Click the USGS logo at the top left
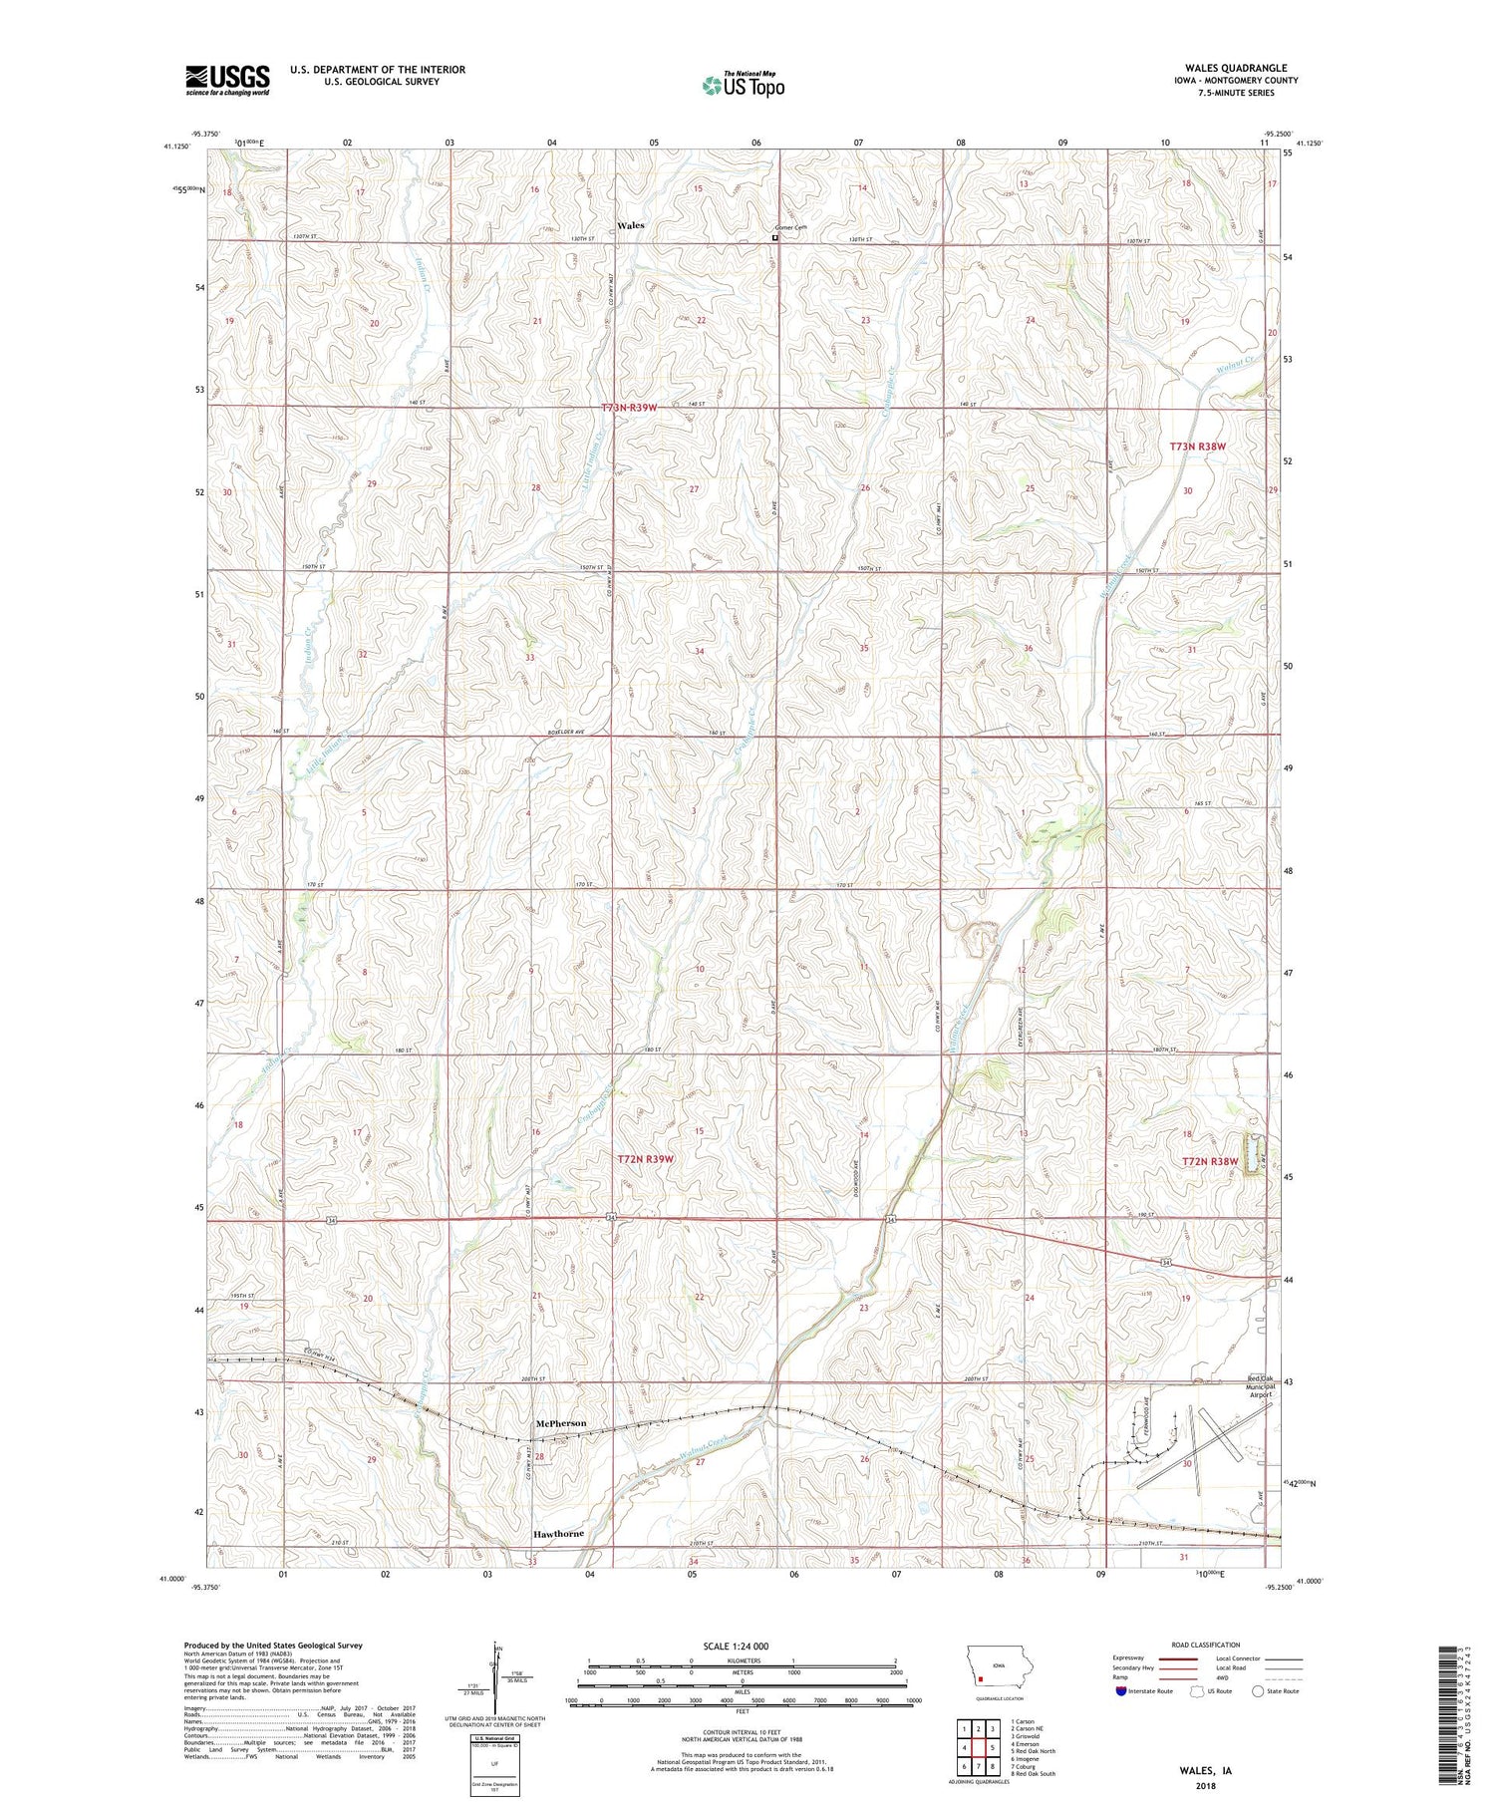point(227,79)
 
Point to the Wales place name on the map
point(630,225)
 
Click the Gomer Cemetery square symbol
point(775,238)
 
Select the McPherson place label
point(559,1422)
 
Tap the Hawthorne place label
point(557,1533)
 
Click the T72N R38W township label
point(1209,1162)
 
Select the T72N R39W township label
point(645,1159)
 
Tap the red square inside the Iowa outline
point(980,1677)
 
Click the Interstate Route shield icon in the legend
point(1120,1691)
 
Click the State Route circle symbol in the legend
point(1259,1691)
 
